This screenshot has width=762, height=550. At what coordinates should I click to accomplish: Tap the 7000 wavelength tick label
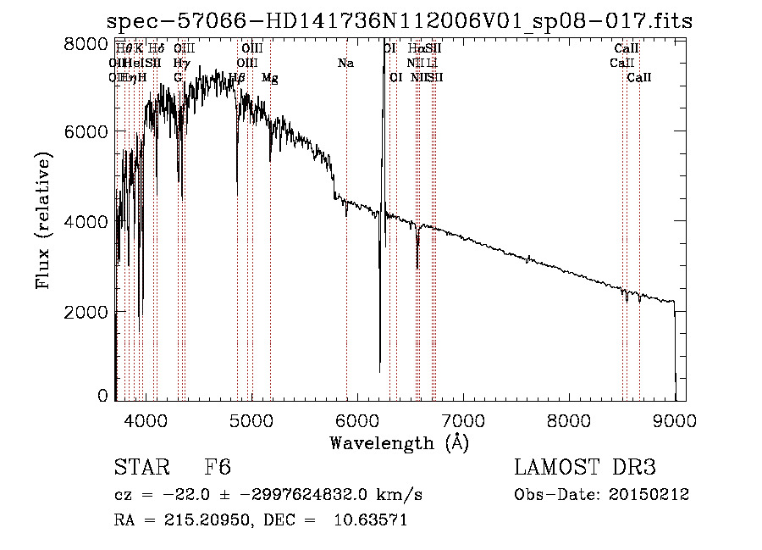(x=462, y=419)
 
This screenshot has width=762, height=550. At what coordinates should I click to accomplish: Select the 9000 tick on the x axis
(x=675, y=419)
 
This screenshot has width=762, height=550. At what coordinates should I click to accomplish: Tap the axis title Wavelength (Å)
(x=399, y=442)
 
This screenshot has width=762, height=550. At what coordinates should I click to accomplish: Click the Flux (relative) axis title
(x=43, y=220)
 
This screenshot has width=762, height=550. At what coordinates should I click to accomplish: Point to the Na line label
(x=345, y=63)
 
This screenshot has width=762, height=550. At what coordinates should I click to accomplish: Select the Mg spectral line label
(x=269, y=77)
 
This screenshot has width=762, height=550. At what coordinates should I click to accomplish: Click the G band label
(x=178, y=77)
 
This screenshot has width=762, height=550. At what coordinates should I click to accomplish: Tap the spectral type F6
(x=218, y=469)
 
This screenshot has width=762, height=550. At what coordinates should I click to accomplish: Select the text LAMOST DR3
(x=584, y=469)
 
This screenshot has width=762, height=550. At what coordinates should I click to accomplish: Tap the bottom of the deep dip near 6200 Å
(x=379, y=371)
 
